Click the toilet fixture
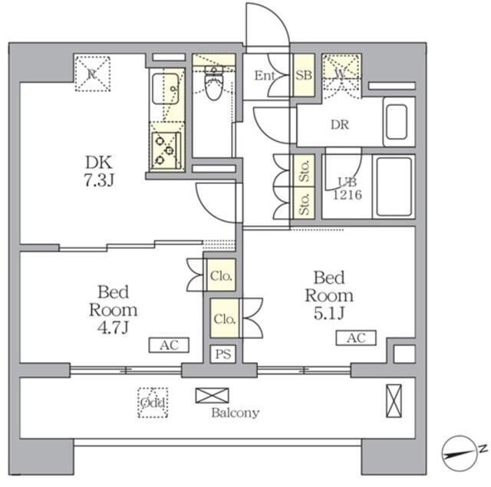click(x=214, y=83)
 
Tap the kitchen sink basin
click(x=166, y=89)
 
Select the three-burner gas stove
click(x=166, y=151)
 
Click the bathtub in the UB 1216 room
click(x=394, y=187)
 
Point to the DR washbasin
click(x=397, y=122)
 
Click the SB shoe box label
click(x=304, y=75)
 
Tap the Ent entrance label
click(x=265, y=75)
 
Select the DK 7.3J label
click(x=99, y=171)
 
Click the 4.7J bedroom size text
click(x=114, y=327)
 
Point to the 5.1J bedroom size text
click(x=329, y=313)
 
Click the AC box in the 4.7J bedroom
click(x=169, y=345)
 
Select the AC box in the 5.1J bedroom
click(x=356, y=338)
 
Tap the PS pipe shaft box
click(x=223, y=354)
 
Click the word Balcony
click(x=236, y=413)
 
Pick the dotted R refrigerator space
click(x=92, y=74)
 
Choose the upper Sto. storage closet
click(x=304, y=170)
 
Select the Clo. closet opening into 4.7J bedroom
click(x=221, y=275)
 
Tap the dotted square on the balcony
click(x=153, y=403)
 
